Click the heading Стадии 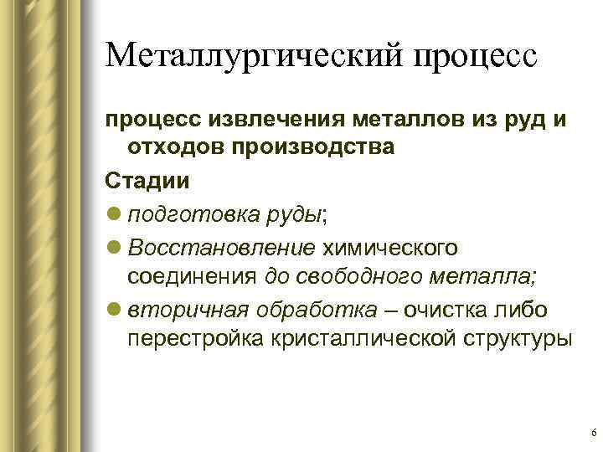(137, 179)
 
